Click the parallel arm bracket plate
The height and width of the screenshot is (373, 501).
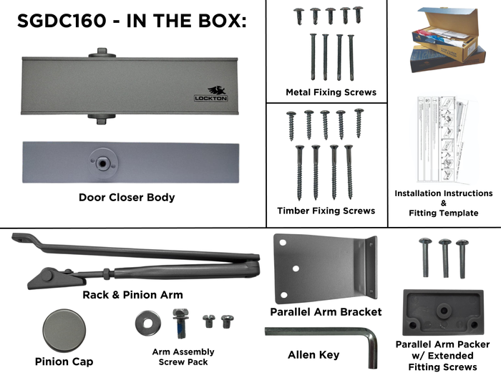point(322,268)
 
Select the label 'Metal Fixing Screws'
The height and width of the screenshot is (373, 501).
point(331,92)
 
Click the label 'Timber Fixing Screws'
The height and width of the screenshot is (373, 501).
point(326,210)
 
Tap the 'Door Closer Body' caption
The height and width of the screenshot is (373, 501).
point(126,198)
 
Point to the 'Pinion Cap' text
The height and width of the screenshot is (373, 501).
point(64,362)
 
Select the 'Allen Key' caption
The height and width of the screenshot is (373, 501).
point(313,354)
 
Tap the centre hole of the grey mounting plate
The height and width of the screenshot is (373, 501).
point(105,163)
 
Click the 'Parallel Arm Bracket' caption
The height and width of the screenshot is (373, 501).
point(326,311)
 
